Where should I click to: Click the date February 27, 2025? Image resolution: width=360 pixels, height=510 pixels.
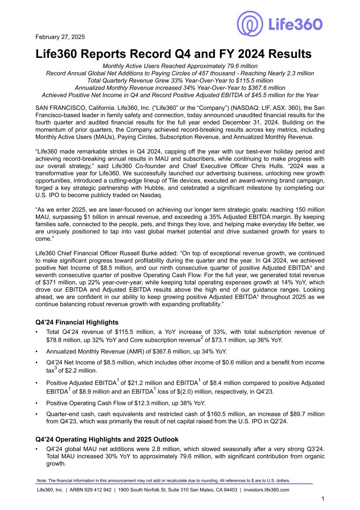pos(60,37)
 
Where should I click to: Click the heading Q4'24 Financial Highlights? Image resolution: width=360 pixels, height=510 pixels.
pos(77,322)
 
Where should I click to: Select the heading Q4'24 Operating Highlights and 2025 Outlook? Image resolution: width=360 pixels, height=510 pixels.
pos(107,439)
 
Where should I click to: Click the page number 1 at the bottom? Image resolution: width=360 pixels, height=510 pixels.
pos(323,499)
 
